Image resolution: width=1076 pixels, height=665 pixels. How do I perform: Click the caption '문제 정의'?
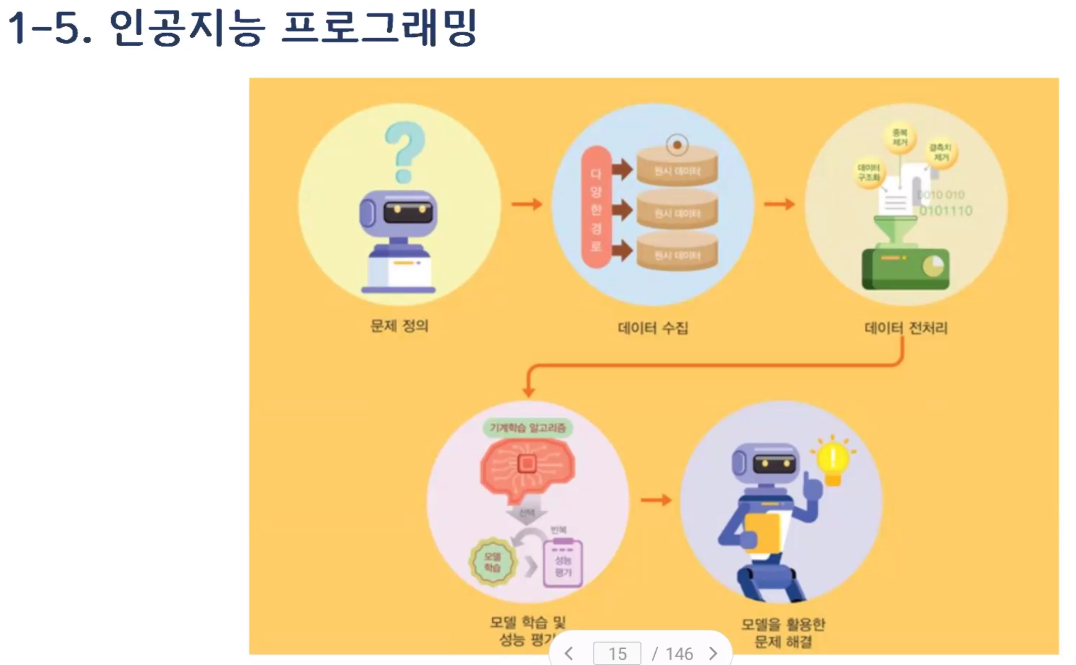coord(399,326)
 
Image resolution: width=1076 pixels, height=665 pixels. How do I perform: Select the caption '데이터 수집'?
coord(653,328)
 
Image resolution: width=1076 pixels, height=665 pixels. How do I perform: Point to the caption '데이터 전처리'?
coord(906,328)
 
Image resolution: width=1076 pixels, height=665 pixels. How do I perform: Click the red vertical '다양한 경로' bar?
coord(596,208)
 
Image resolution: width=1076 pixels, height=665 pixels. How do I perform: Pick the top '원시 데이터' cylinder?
coord(677,167)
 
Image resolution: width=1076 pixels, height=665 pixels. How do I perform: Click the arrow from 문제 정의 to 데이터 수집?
coord(526,204)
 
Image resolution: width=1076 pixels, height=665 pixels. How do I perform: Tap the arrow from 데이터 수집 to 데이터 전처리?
coord(779,204)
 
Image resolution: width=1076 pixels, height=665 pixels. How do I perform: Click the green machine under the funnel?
coord(905,268)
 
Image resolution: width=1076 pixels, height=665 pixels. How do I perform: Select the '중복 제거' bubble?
coord(899,138)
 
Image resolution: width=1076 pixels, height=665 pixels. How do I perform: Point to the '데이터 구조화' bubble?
coord(868,172)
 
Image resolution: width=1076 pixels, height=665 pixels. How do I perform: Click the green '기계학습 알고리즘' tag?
coord(527,428)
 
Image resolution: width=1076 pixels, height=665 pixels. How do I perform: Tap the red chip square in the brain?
coord(527,464)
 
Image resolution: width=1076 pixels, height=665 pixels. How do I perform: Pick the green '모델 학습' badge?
coord(492,562)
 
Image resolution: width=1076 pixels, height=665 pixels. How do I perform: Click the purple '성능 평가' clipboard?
coord(563,564)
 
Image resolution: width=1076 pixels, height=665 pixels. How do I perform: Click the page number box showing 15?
coord(617,653)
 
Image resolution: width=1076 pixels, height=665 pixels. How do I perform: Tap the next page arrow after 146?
coord(713,653)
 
